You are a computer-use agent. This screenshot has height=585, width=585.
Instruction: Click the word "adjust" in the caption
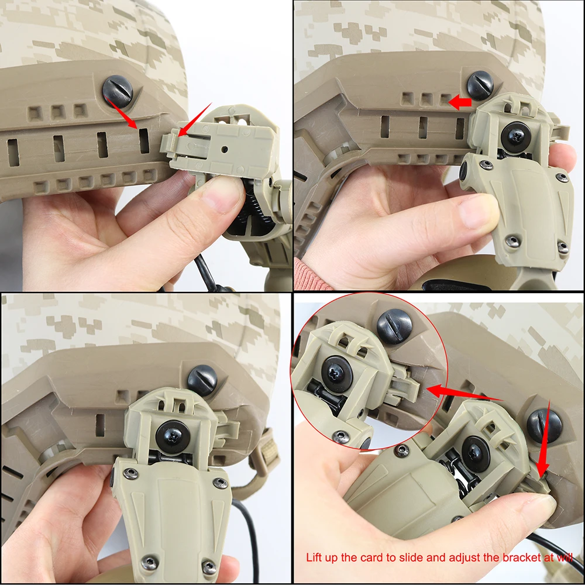pos(455,558)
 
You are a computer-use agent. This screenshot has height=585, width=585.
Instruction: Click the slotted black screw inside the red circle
pos(394,326)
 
